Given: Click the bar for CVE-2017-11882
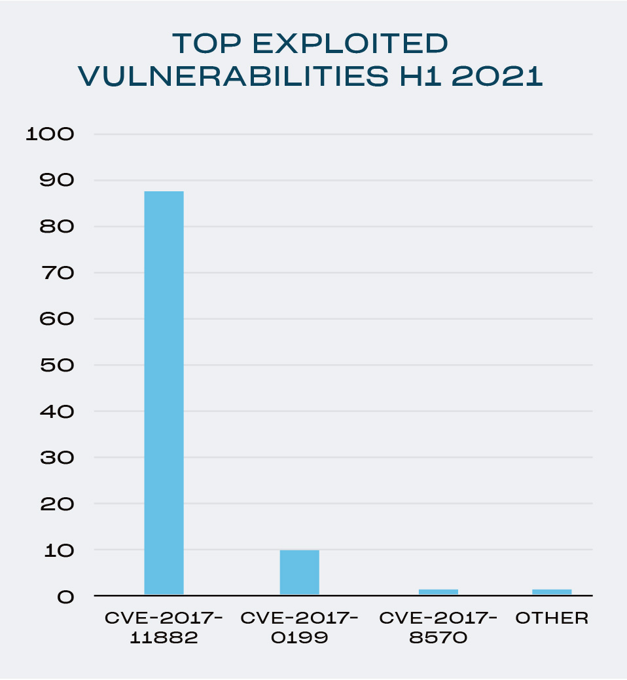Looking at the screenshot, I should tap(164, 392).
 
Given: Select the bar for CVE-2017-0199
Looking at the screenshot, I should tap(299, 572).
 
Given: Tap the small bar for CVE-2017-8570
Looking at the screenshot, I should tap(438, 592).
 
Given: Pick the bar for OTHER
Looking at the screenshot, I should tap(552, 592).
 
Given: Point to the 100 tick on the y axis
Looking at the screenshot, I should tap(50, 134).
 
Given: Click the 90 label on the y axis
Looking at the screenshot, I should tap(57, 180).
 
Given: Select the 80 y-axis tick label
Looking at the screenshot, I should tap(57, 227).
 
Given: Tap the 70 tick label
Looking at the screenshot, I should tap(57, 273).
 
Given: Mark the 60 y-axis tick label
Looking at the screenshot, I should tap(57, 319).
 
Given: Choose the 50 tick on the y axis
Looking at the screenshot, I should tap(57, 366).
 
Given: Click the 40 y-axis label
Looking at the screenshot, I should tap(57, 412).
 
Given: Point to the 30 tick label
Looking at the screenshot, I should tap(57, 458).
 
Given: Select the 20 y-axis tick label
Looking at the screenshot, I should tap(57, 504).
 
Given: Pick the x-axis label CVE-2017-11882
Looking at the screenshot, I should tap(164, 628).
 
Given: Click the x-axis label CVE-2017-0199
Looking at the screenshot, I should tap(299, 628).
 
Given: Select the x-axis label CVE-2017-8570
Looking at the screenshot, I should tap(438, 628).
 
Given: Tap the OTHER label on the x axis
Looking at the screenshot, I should tap(552, 618).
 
